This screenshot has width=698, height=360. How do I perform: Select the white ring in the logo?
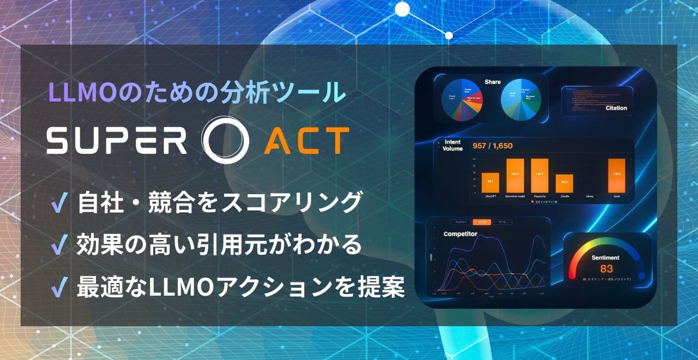coord(225,140)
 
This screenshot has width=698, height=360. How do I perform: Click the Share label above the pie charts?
coord(492,82)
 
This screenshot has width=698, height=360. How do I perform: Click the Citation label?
coord(616,108)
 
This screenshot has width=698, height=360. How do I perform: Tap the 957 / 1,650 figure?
coord(492,146)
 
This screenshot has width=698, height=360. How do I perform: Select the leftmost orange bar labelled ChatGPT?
coord(490,182)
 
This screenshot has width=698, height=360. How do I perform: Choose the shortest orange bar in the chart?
coord(564,183)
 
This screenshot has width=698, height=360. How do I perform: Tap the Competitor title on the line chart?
coord(460,234)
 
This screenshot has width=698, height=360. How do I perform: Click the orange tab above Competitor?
coord(482,222)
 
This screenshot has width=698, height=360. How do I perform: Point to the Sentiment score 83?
coord(606,268)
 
